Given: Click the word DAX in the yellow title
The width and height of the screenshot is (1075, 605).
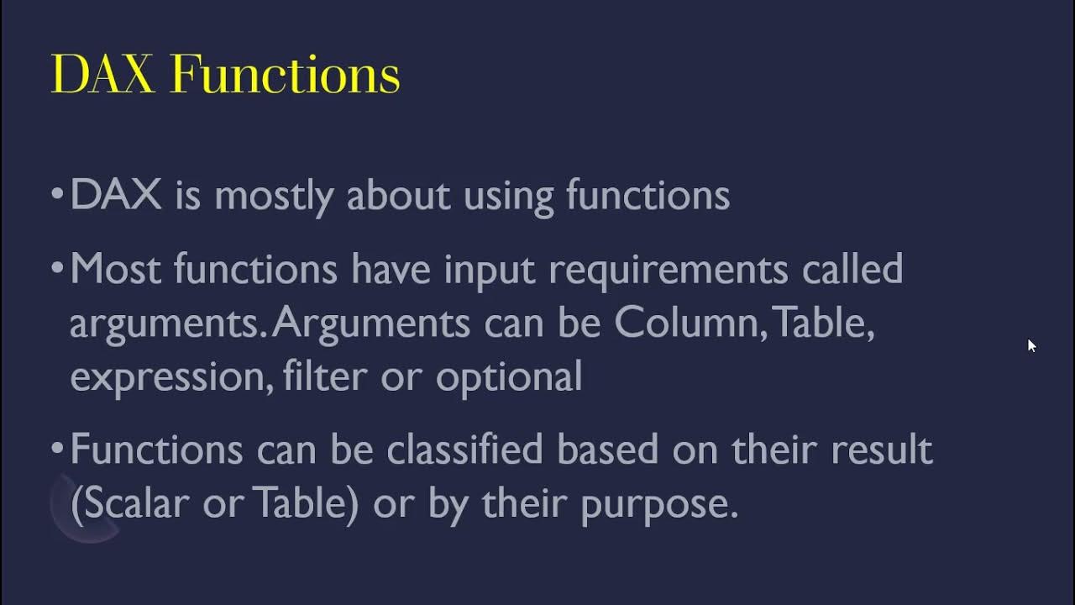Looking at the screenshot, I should [102, 74].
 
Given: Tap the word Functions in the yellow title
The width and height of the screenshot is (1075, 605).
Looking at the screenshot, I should [285, 74].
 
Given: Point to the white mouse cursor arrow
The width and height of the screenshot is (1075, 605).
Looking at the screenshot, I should [1031, 345].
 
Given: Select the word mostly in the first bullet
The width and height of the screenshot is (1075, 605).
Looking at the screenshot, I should [274, 196].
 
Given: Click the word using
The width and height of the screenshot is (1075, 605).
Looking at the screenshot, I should [509, 196].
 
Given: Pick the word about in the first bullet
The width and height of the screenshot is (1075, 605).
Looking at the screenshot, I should [398, 195].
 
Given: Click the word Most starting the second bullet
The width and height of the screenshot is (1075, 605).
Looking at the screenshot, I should [114, 270].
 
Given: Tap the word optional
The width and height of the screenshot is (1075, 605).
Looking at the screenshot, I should [509, 377].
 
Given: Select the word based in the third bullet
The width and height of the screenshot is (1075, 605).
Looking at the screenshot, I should [607, 450].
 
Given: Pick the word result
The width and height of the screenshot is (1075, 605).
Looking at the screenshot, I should [881, 450].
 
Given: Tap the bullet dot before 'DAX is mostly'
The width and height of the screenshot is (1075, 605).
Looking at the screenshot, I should [57, 195].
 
